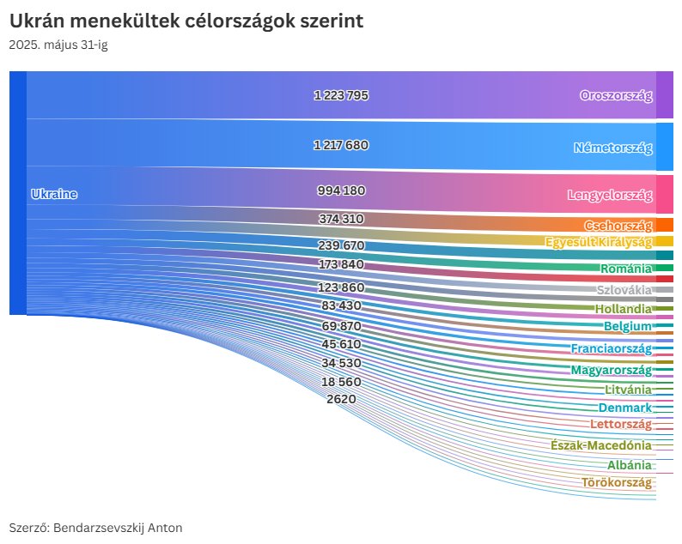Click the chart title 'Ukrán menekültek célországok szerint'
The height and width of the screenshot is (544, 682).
tap(186, 21)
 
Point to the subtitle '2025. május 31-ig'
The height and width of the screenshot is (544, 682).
tap(58, 45)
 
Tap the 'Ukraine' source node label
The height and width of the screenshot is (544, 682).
tap(53, 194)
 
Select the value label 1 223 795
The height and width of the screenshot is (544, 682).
tap(341, 95)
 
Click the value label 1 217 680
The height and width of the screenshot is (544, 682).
tap(341, 145)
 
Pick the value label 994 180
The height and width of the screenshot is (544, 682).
tap(341, 190)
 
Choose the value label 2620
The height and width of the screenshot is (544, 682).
tap(341, 399)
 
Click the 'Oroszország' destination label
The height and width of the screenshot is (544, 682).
tap(616, 95)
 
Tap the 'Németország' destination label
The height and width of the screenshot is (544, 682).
tap(612, 148)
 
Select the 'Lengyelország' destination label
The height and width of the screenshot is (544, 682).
tap(609, 195)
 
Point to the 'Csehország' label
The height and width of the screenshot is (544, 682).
tap(618, 226)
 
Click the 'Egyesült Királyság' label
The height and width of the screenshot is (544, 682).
tap(598, 242)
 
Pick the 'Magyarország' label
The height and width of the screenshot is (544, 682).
tap(611, 370)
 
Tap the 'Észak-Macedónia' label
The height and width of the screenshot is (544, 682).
tap(601, 445)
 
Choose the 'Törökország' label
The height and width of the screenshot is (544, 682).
tap(616, 482)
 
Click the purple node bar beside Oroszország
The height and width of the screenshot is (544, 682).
tap(664, 94)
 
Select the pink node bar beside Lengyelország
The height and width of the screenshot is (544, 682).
tap(664, 194)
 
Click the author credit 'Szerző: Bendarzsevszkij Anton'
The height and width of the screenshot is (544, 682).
tap(95, 528)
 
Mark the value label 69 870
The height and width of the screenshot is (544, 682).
tap(341, 327)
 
